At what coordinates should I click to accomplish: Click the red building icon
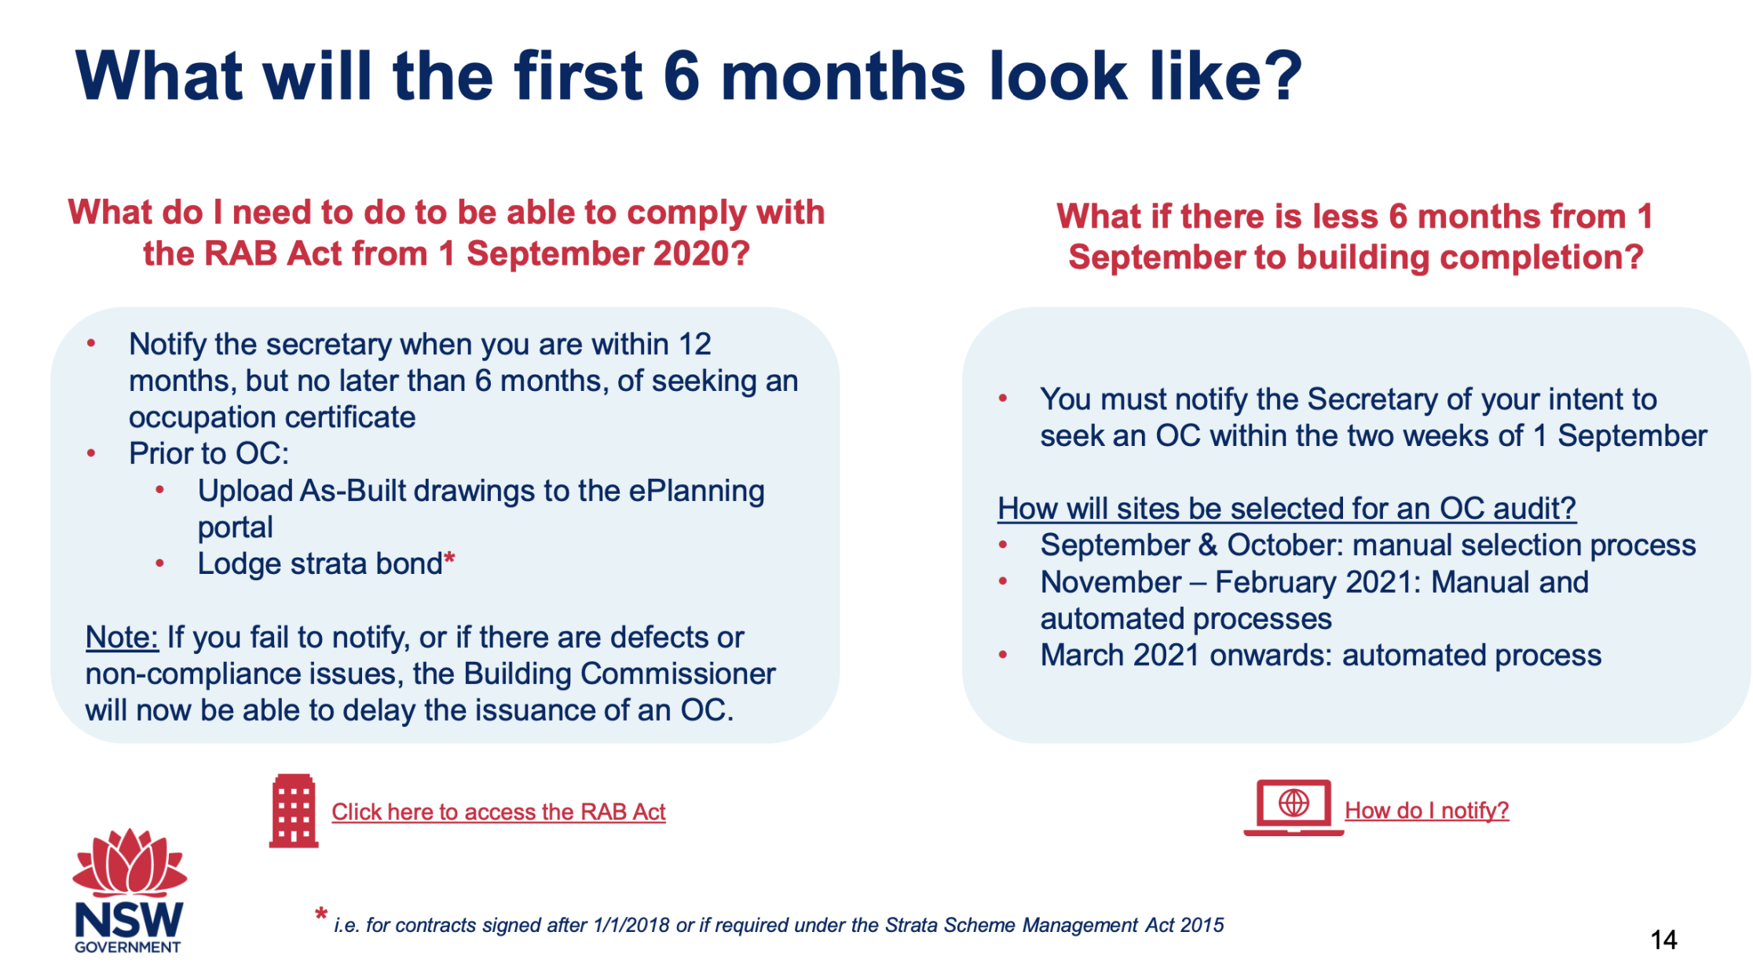(x=294, y=811)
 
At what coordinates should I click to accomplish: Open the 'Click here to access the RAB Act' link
(x=498, y=812)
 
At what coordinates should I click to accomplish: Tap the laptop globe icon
(x=1293, y=806)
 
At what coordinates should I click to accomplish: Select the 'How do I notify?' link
(x=1426, y=810)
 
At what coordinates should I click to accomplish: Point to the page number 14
(x=1663, y=940)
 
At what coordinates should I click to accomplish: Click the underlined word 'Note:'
(x=122, y=638)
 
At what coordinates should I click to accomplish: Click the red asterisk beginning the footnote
(x=320, y=915)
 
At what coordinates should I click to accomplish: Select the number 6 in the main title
(x=681, y=76)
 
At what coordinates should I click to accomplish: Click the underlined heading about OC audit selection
(x=1286, y=509)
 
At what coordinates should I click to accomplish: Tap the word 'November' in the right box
(x=1111, y=583)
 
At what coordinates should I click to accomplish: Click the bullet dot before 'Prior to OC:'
(x=92, y=454)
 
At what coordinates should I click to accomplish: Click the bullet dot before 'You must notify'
(x=1003, y=399)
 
